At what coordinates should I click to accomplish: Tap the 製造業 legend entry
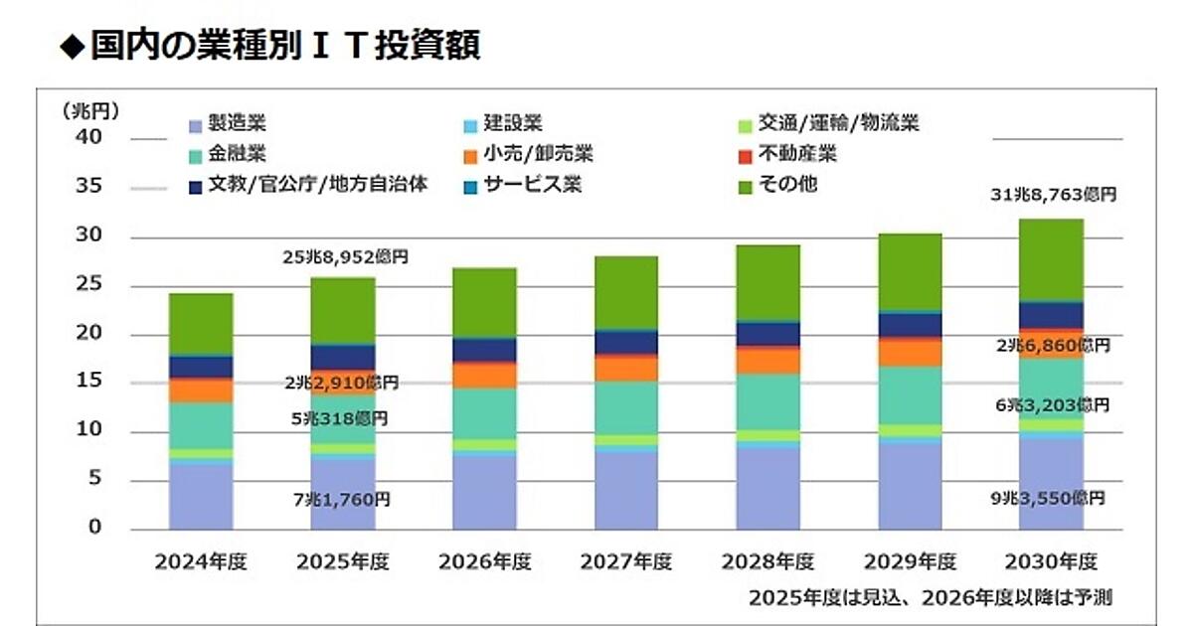tap(228, 124)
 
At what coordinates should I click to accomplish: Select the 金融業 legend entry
tap(228, 154)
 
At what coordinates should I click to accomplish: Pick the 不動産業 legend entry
tap(796, 154)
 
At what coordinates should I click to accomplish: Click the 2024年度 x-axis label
tap(202, 561)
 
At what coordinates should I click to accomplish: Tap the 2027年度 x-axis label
tap(626, 561)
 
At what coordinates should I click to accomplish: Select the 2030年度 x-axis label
tap(1052, 561)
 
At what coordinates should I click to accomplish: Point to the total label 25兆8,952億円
tap(347, 257)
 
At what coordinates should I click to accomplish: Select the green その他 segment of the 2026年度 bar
tap(484, 302)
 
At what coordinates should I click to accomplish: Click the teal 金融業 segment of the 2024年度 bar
tap(201, 425)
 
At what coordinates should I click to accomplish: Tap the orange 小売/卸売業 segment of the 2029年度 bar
tap(910, 353)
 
